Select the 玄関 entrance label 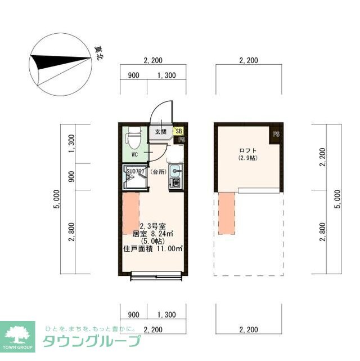[160, 132]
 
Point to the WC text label [134, 154]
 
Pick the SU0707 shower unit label [136, 171]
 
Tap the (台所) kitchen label [160, 171]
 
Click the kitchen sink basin [174, 170]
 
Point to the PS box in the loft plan [276, 134]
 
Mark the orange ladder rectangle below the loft [227, 212]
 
